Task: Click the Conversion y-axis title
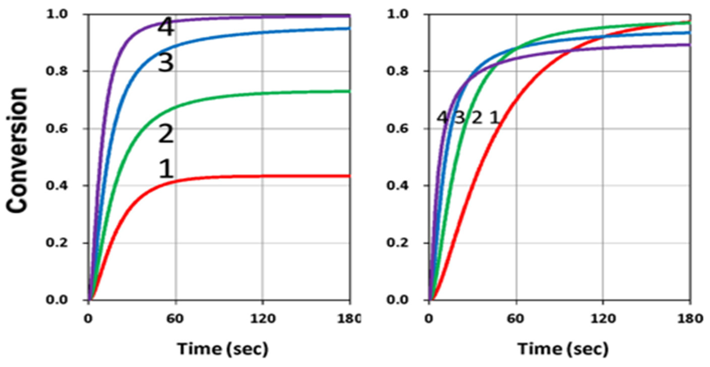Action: click(x=17, y=150)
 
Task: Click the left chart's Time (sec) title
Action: click(x=223, y=349)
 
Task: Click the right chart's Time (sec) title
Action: click(x=563, y=349)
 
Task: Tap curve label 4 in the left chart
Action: click(x=166, y=27)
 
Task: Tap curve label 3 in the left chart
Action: click(x=166, y=63)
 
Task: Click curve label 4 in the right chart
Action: click(x=442, y=118)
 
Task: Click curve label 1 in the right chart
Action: click(x=494, y=118)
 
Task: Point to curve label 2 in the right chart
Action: click(x=477, y=118)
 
